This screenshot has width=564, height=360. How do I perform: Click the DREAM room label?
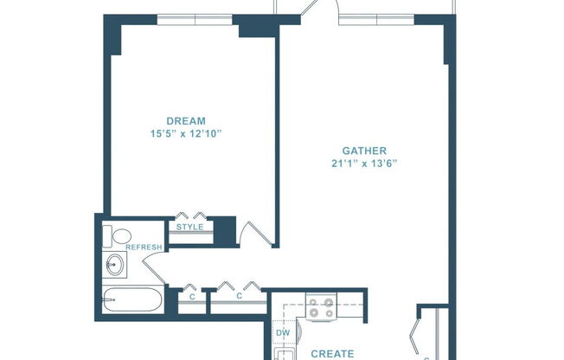point(187,120)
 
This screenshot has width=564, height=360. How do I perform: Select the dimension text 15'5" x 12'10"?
point(187,134)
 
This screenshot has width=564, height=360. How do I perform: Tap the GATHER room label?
point(363,149)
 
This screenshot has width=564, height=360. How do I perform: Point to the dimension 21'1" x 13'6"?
point(363,163)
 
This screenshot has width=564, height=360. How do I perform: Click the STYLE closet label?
point(190,228)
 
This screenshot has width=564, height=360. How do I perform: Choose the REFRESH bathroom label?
point(144,247)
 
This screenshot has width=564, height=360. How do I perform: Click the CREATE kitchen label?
point(331,353)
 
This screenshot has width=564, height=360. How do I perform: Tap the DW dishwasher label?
point(283,332)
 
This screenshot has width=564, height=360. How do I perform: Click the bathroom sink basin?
point(114,264)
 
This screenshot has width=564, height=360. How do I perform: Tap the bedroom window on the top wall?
point(195,20)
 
